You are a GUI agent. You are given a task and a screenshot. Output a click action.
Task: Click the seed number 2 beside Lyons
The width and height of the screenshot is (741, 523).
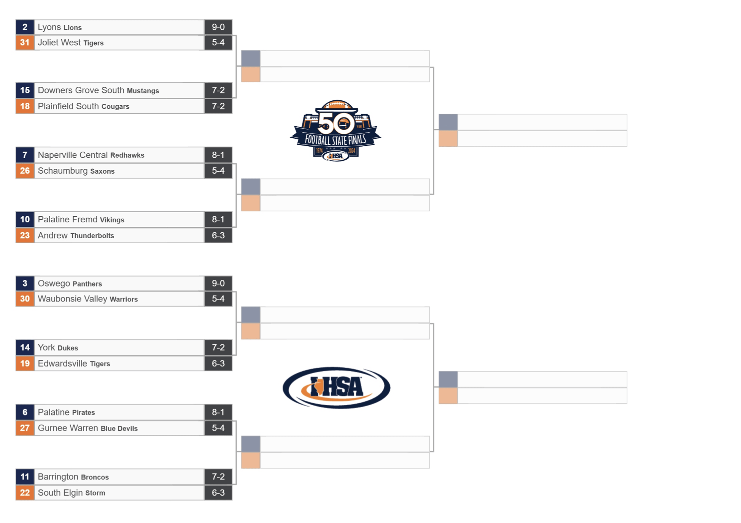tap(25, 27)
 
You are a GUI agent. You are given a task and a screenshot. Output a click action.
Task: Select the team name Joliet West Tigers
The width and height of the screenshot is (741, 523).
tap(71, 43)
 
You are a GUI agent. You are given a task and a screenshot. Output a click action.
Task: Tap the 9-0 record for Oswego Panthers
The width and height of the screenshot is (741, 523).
tap(218, 283)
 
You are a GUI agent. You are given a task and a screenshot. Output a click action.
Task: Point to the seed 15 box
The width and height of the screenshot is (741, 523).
tap(25, 90)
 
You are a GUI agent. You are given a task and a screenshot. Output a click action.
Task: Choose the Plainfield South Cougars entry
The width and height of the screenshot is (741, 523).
tap(84, 106)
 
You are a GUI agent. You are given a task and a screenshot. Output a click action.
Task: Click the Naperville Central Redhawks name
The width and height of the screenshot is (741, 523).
tap(91, 155)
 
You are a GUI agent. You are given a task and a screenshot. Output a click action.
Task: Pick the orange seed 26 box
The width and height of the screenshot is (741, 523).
tap(25, 171)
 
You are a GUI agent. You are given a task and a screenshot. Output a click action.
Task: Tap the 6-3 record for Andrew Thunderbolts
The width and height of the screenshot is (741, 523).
tap(218, 235)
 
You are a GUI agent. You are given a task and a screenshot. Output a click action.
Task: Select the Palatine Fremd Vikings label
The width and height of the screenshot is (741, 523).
tap(81, 219)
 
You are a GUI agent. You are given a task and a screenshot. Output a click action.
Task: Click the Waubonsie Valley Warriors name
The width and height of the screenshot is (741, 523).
tap(88, 299)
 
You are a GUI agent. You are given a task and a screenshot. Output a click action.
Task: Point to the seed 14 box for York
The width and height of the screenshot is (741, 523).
tap(25, 347)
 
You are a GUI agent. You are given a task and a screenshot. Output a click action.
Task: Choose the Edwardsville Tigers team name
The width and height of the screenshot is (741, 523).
tap(74, 363)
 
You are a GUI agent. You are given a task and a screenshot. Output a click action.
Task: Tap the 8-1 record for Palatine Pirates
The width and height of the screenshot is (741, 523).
tap(218, 412)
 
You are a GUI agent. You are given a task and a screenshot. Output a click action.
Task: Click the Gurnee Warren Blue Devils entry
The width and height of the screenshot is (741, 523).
tap(88, 428)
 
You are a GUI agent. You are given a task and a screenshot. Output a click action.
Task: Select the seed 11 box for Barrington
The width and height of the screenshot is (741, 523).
tap(25, 477)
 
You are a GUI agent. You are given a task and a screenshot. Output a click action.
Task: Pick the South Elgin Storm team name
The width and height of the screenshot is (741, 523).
tap(72, 493)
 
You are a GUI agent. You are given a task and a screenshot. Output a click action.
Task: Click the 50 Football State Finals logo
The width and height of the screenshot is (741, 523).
tap(336, 130)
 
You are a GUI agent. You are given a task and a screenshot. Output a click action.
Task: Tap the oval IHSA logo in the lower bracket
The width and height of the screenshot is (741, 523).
tap(336, 388)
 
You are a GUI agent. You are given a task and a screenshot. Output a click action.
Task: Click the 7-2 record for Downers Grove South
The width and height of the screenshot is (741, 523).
tap(218, 90)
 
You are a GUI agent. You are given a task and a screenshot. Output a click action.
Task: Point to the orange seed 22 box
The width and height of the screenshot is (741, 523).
tap(25, 493)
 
